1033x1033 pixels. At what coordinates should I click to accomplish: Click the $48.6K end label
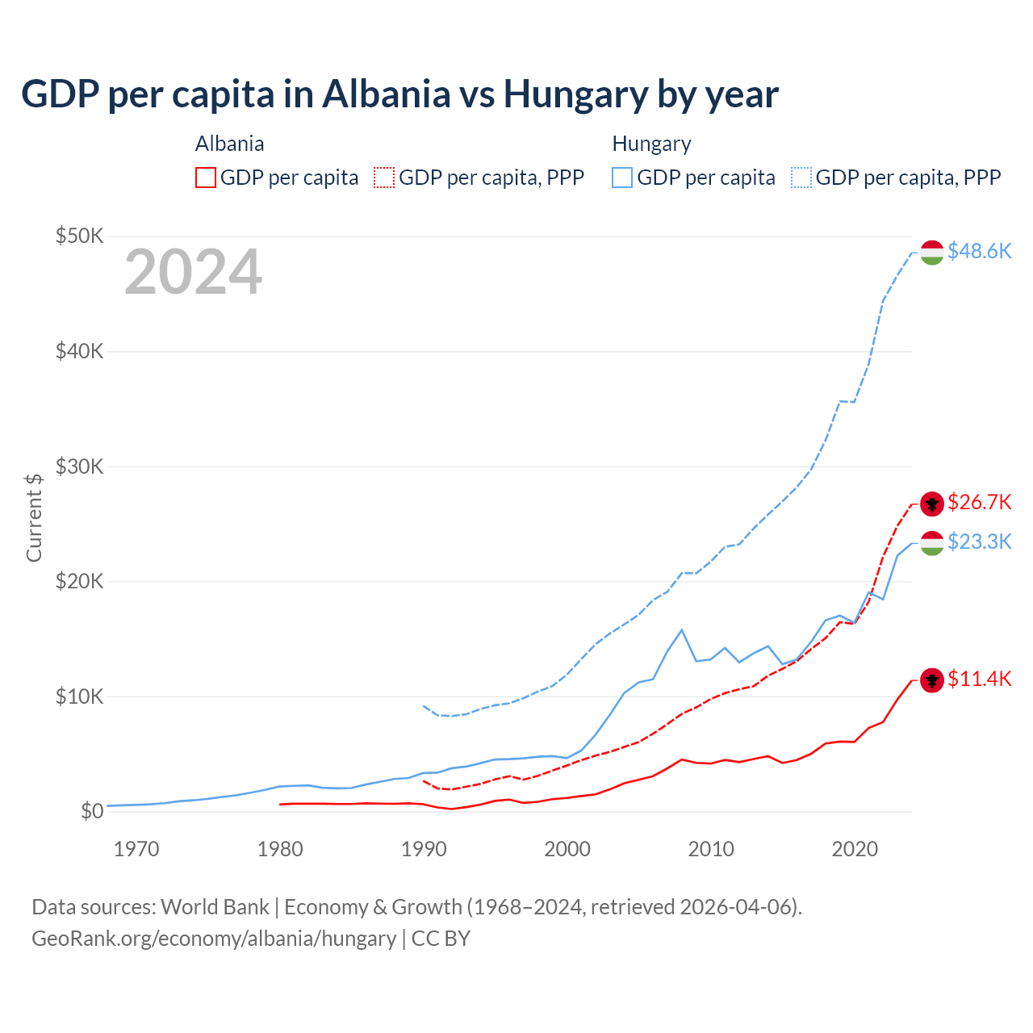[979, 252]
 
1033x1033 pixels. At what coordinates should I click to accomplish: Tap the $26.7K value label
[979, 503]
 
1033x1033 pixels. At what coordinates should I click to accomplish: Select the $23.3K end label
[979, 542]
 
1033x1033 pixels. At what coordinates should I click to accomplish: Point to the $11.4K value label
[979, 680]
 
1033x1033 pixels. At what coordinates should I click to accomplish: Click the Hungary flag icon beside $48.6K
[932, 253]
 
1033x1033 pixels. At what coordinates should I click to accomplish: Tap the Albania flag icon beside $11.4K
[932, 680]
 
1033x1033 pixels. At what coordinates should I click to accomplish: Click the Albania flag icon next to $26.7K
[932, 504]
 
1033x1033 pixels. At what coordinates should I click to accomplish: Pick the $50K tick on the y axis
[79, 236]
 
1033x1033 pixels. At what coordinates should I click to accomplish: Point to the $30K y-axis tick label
[79, 466]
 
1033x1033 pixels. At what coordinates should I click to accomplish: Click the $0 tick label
[91, 812]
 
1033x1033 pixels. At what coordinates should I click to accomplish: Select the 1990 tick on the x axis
[424, 849]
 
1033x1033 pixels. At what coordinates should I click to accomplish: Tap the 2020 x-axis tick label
[855, 849]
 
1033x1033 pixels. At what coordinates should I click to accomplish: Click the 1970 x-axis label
[136, 849]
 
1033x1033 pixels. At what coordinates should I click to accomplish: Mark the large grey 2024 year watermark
[193, 272]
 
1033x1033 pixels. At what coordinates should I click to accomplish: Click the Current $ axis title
[34, 517]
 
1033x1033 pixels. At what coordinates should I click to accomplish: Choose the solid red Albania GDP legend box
[206, 178]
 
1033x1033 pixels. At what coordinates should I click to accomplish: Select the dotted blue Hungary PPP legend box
[801, 178]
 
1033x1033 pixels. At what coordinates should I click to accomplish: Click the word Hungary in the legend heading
[651, 144]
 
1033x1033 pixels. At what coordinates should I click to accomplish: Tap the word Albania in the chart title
[386, 94]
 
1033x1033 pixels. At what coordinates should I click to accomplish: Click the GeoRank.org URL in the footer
[214, 939]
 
